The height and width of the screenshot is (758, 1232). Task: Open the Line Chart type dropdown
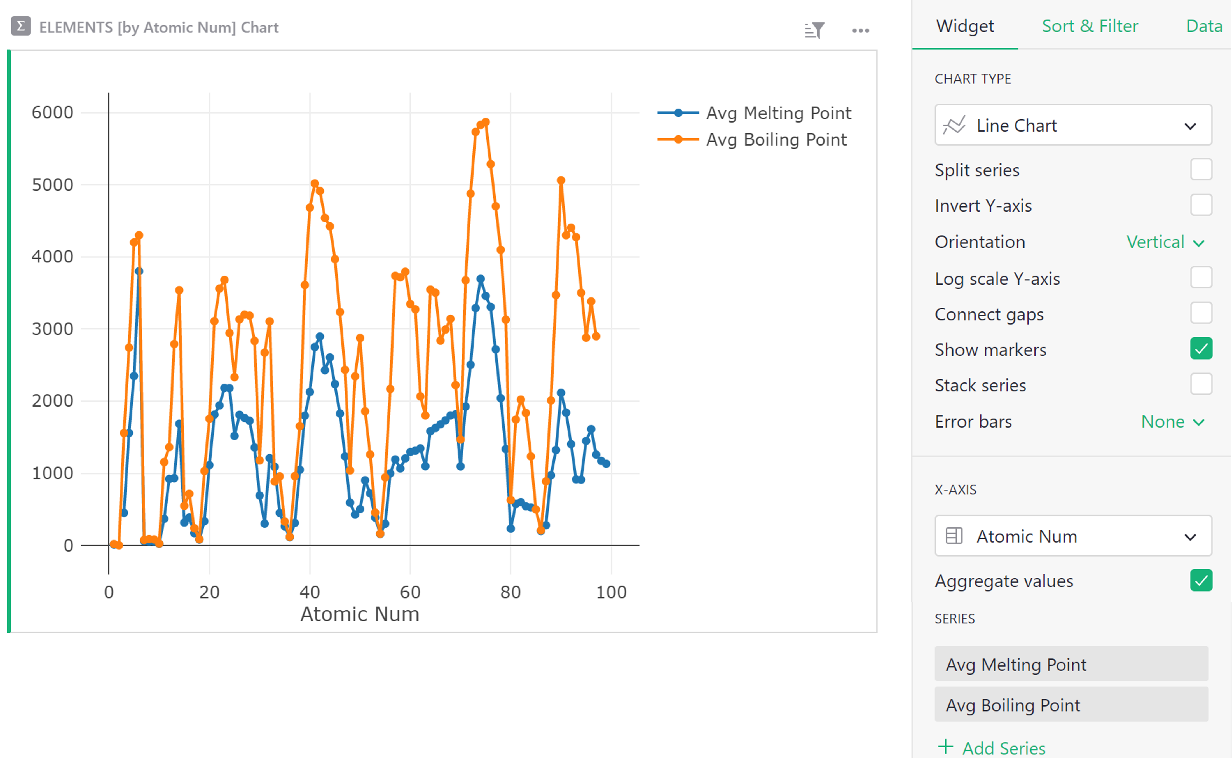click(x=1073, y=125)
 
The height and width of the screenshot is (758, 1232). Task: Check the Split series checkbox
click(x=1201, y=170)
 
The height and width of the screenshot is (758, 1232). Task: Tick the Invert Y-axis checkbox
click(x=1201, y=205)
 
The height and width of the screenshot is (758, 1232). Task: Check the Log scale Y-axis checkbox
click(x=1201, y=278)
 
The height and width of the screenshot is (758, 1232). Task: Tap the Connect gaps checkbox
click(x=1201, y=313)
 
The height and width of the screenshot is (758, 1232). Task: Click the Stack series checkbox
click(x=1201, y=384)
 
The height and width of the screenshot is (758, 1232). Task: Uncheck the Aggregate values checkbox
click(x=1201, y=581)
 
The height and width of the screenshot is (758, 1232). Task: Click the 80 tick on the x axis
click(x=510, y=592)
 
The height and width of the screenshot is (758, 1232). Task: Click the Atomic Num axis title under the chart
click(x=360, y=614)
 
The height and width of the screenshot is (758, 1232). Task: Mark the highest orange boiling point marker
click(x=485, y=122)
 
